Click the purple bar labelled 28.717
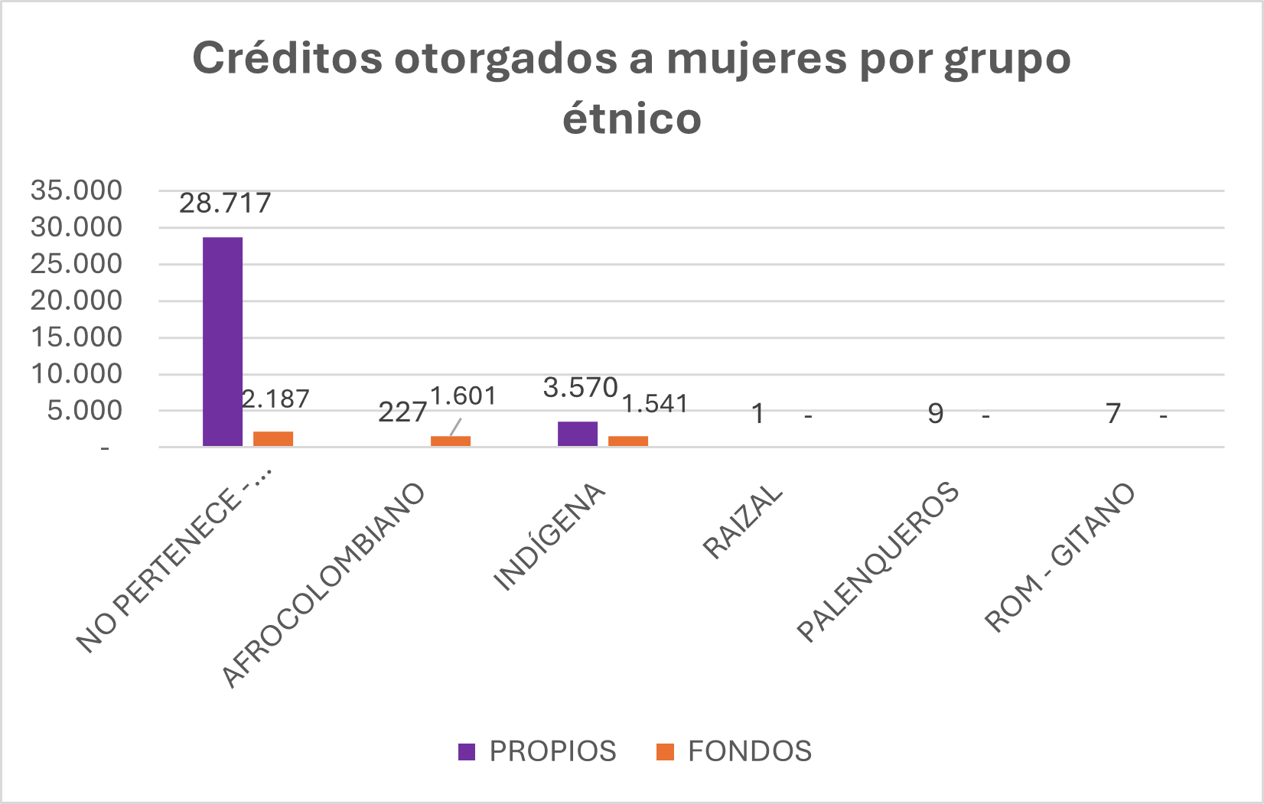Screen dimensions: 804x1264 tap(223, 341)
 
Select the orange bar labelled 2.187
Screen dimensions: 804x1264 tap(273, 438)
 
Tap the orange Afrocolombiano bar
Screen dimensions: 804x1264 tap(451, 441)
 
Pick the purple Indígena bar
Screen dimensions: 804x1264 tap(578, 433)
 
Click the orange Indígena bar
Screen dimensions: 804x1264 tap(628, 441)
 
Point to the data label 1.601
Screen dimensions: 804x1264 tap(463, 396)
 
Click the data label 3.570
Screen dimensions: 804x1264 tap(580, 388)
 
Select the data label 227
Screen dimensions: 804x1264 tap(402, 413)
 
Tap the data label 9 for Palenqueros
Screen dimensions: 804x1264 tap(935, 414)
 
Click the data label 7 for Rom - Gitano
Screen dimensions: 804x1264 tap(1113, 414)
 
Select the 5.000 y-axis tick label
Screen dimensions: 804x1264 tap(84, 411)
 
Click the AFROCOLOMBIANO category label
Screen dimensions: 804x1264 tap(324, 585)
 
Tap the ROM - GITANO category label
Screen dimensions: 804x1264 tap(1060, 558)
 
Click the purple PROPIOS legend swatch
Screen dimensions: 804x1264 tap(467, 752)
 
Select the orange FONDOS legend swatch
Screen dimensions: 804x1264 tap(665, 752)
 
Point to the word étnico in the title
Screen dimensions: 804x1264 tap(632, 119)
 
